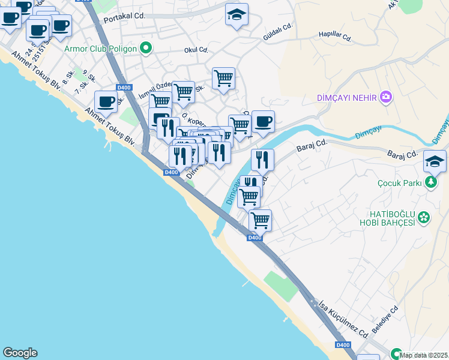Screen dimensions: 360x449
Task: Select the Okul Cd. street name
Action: click(x=196, y=50)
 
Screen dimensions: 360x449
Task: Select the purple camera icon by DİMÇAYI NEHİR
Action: click(x=385, y=97)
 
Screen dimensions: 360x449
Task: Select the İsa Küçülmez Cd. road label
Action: click(x=344, y=318)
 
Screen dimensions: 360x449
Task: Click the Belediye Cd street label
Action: click(x=385, y=322)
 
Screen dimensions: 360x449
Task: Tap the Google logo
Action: click(x=20, y=353)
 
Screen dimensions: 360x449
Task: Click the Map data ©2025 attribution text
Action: click(x=424, y=355)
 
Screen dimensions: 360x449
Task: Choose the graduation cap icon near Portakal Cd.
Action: click(x=237, y=14)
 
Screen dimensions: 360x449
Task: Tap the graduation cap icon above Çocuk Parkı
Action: click(x=435, y=161)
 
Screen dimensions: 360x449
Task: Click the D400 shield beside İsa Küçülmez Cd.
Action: click(x=343, y=345)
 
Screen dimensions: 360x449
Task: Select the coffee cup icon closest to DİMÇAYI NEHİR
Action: click(x=263, y=122)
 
